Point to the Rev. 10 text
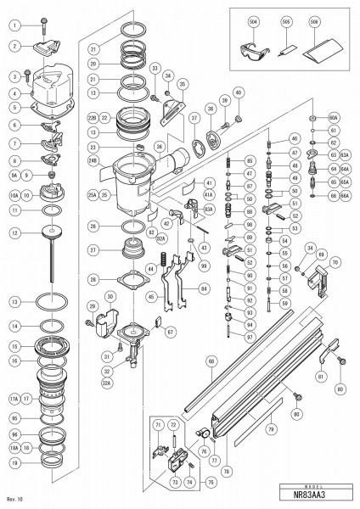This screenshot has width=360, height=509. coord(14,498)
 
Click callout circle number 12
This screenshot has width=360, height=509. coord(14,232)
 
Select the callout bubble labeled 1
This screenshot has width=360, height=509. coord(14,25)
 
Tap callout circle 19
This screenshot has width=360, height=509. coord(14,462)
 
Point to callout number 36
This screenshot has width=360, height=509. coord(159,146)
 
